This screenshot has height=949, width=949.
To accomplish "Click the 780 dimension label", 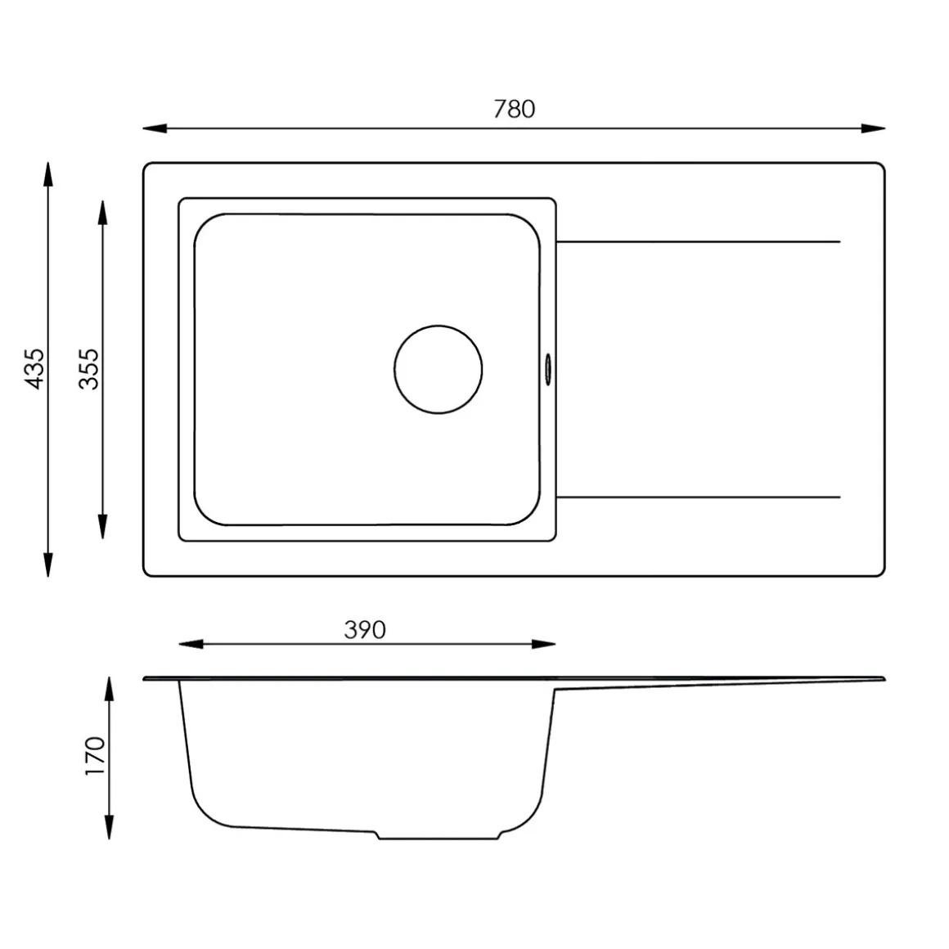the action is pos(514,109).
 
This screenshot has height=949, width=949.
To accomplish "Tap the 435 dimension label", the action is pos(34,369).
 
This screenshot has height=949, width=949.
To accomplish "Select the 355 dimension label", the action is pos(89,369).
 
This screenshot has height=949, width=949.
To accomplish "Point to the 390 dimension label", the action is pos(365,630).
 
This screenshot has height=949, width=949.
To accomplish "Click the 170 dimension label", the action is pos(95,756).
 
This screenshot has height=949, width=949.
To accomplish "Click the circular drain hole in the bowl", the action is pos(439,369).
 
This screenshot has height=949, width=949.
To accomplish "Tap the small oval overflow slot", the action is pos(548,369).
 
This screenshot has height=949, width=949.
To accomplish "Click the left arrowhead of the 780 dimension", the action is pos(155,128).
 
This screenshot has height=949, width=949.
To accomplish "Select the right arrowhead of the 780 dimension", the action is pos(874,128).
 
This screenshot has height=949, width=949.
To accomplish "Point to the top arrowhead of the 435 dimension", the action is pos(48,174).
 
